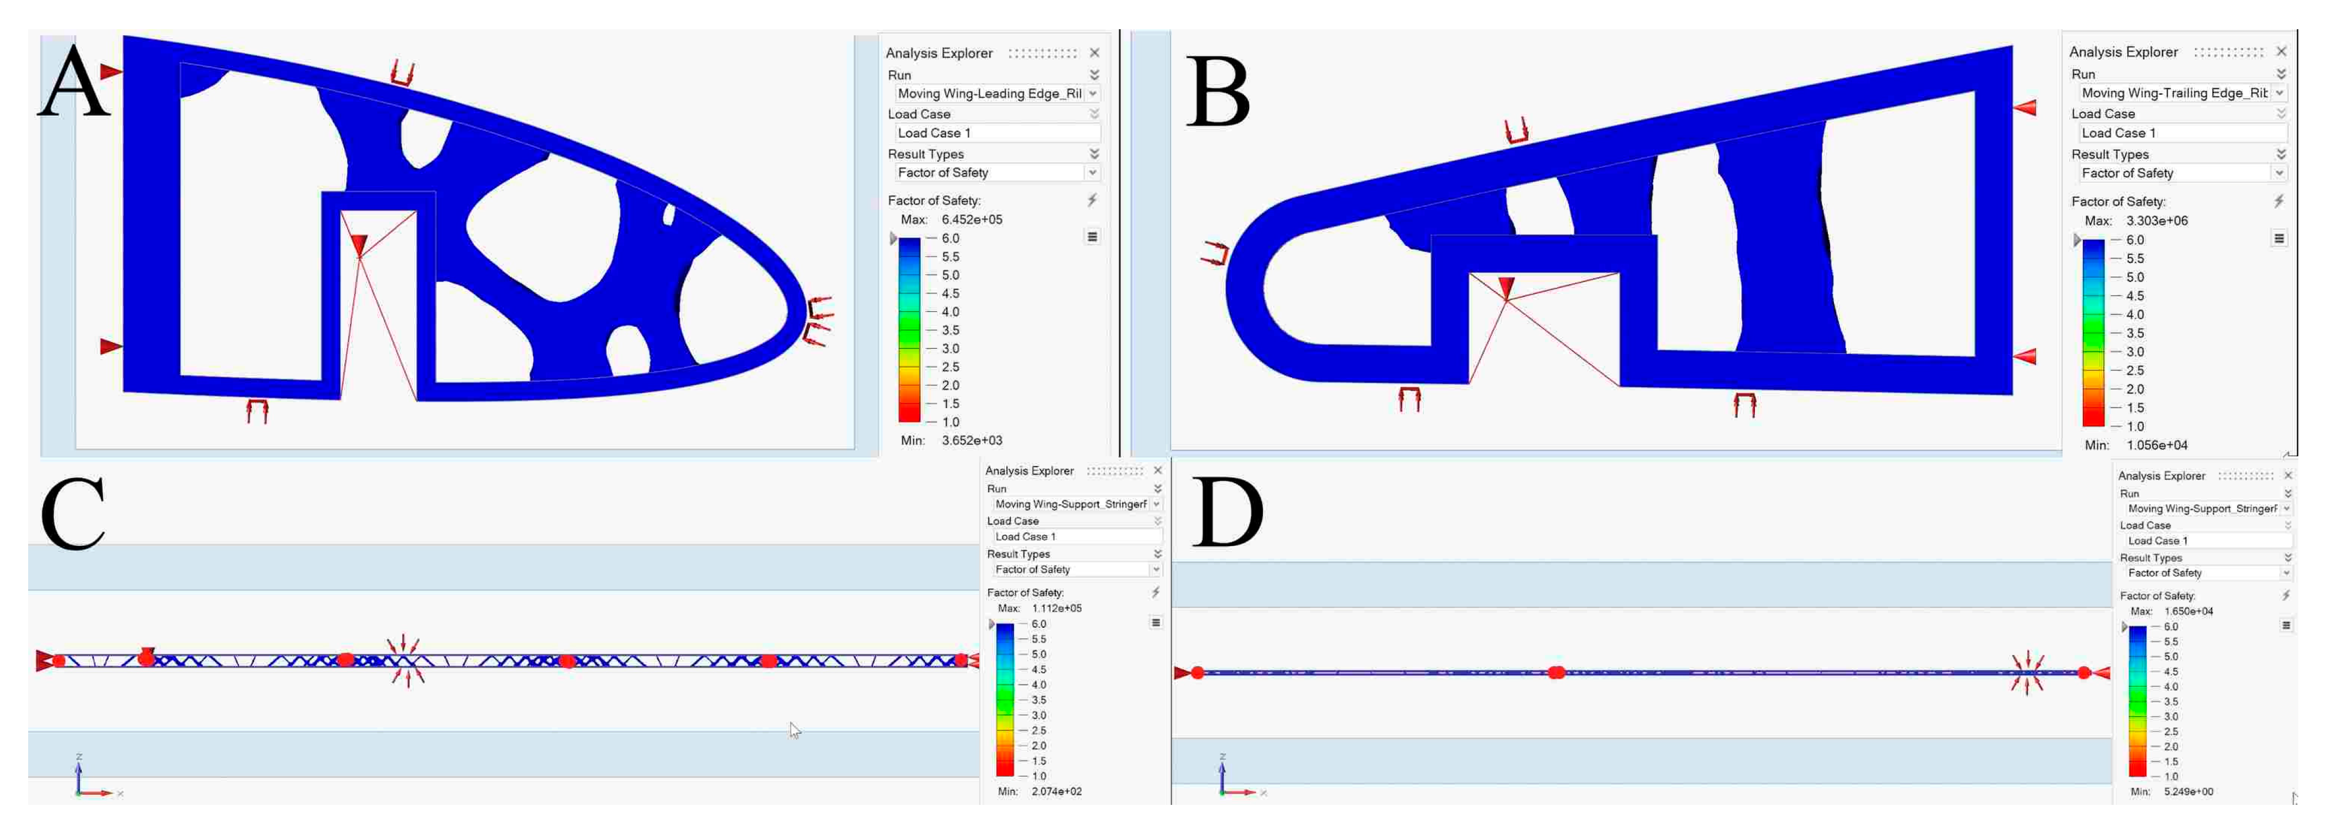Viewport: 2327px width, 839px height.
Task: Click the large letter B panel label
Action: (1218, 91)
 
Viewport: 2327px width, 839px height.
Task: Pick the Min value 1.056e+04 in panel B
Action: (2157, 445)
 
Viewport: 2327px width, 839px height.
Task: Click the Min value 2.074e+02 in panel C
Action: (1057, 792)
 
